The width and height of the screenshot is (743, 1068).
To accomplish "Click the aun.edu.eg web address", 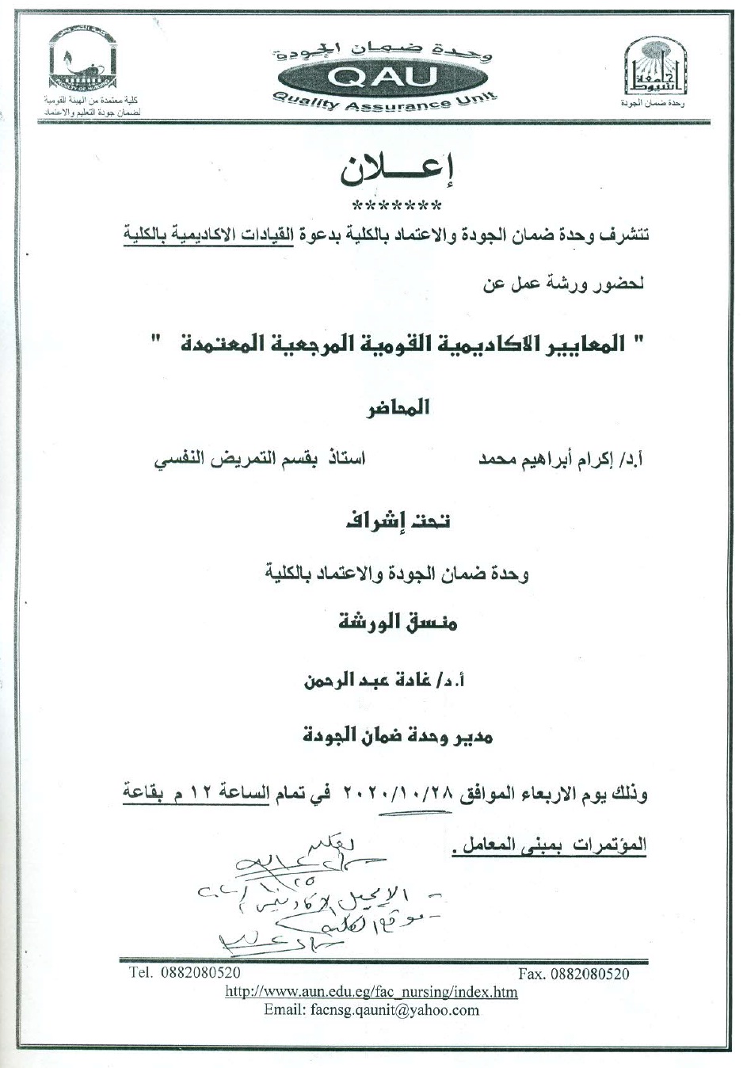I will click(x=371, y=991).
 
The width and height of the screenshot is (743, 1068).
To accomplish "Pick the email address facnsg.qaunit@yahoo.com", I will click(x=371, y=1009).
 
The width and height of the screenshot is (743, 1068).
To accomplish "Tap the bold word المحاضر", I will click(x=397, y=407).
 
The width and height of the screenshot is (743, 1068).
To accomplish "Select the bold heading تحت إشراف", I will click(x=396, y=521).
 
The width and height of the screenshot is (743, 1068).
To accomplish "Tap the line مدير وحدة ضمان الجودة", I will click(x=398, y=737).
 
